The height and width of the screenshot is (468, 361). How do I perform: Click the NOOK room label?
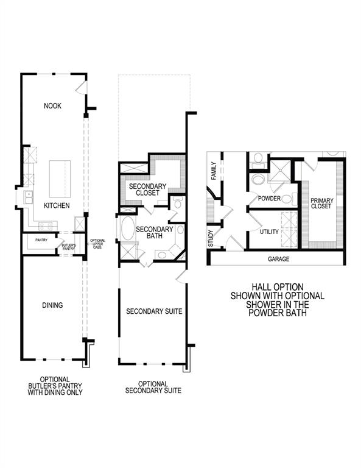52,106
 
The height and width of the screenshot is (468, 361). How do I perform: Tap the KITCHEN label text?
56,206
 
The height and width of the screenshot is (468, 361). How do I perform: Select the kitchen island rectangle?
60,175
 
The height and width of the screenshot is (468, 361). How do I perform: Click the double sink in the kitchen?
28,197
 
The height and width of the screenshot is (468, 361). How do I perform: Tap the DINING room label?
52,305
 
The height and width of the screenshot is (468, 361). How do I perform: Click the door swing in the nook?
80,90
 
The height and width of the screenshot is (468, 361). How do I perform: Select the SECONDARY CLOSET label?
144,189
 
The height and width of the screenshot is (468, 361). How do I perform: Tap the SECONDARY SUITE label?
154,311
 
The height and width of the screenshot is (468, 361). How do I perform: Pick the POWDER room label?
269,199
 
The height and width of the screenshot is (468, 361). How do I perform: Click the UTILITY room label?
269,232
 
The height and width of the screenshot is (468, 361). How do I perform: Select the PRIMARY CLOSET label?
321,204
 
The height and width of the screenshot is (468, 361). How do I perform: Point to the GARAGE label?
278,259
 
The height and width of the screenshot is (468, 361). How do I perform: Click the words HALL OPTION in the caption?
277,286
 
